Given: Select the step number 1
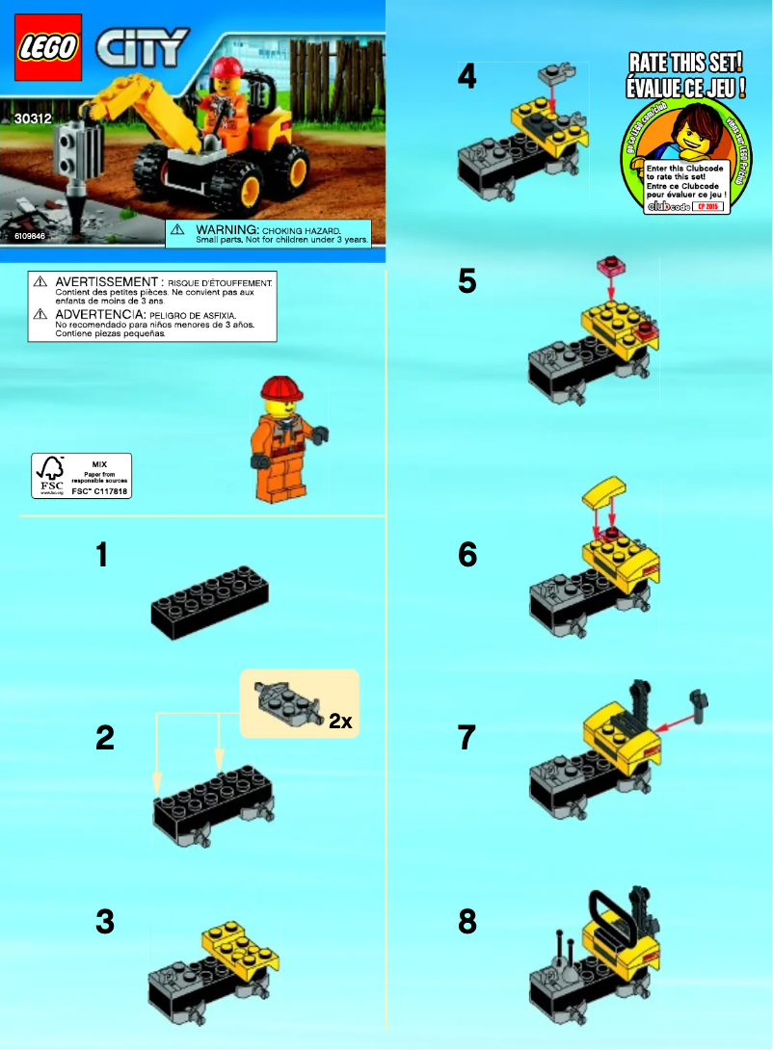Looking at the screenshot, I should click(x=106, y=556).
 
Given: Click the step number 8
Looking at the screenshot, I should click(x=467, y=923).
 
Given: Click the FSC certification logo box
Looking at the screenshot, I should click(x=81, y=475).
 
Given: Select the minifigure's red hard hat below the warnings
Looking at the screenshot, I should click(x=281, y=389).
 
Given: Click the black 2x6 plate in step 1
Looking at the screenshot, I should click(x=209, y=603).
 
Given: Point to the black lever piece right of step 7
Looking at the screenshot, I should click(x=697, y=700).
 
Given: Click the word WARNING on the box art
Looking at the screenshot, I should click(x=227, y=231).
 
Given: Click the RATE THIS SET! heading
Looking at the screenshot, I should click(x=684, y=64).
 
